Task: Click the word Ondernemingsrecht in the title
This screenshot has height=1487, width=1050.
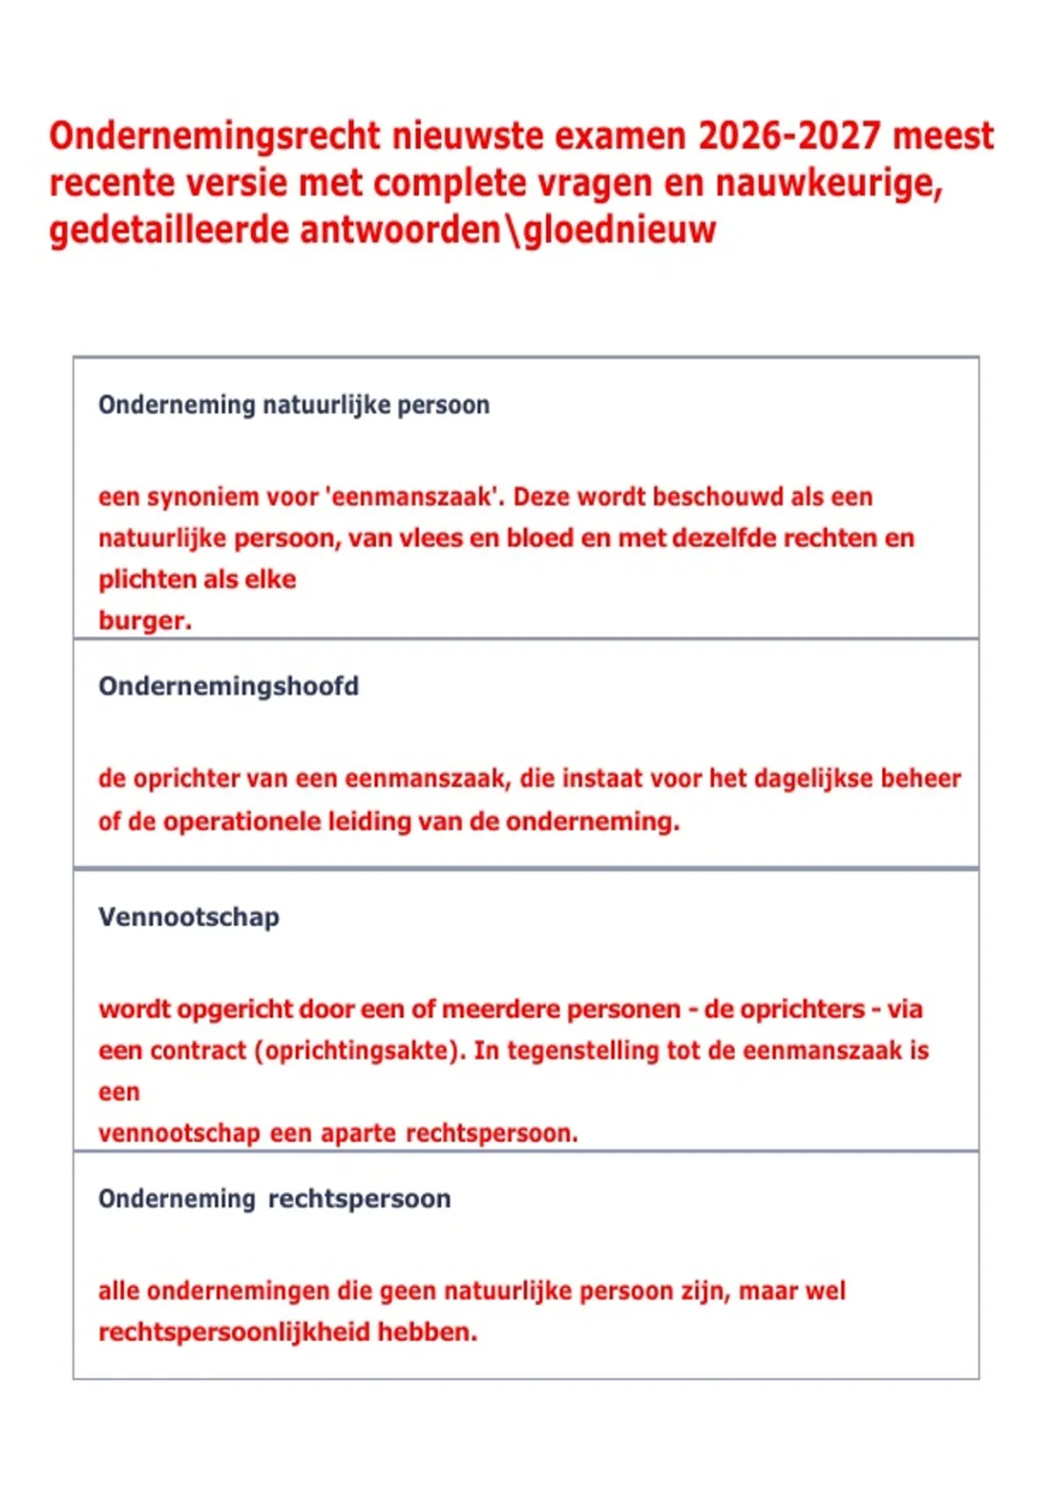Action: (215, 136)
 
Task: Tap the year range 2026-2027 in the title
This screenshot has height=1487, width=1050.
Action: (789, 136)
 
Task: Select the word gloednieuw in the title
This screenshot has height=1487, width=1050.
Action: (619, 230)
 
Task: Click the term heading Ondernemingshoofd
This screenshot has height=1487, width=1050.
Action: (228, 686)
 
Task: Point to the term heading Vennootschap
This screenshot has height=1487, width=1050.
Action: (189, 917)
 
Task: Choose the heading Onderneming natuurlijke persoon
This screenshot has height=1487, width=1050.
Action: (294, 405)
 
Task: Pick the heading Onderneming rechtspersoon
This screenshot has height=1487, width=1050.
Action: (275, 1198)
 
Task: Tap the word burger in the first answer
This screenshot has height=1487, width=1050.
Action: (143, 621)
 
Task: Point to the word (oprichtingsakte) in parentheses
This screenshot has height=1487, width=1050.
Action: (360, 1051)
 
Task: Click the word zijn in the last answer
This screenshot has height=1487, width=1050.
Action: (705, 1291)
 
